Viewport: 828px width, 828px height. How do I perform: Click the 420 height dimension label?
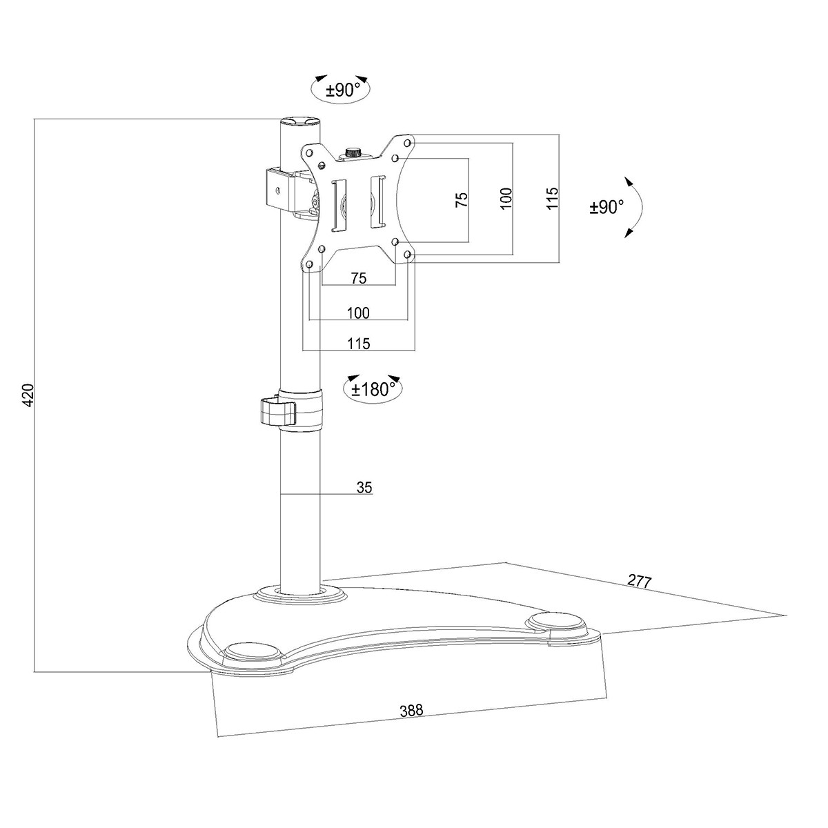tap(28, 395)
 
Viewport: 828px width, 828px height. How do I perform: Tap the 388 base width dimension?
tap(412, 711)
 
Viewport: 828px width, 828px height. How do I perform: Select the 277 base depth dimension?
tap(640, 582)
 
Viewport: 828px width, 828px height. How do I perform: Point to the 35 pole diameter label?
tap(364, 488)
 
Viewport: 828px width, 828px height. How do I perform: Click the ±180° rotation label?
tap(373, 390)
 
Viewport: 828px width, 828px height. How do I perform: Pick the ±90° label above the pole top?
tap(342, 90)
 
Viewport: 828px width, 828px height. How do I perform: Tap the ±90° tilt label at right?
tap(607, 208)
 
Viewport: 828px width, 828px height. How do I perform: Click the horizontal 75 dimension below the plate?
tap(359, 279)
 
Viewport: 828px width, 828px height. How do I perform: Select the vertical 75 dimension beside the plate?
tap(462, 200)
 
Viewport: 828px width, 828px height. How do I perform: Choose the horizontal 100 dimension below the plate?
tap(358, 313)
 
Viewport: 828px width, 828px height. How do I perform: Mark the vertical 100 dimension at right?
tap(506, 198)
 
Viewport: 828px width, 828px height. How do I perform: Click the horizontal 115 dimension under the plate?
tap(359, 344)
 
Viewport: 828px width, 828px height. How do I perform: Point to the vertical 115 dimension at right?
tap(552, 198)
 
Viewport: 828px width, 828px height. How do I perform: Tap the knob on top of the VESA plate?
tap(354, 153)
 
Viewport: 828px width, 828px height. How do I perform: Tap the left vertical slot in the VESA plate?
tap(339, 206)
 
